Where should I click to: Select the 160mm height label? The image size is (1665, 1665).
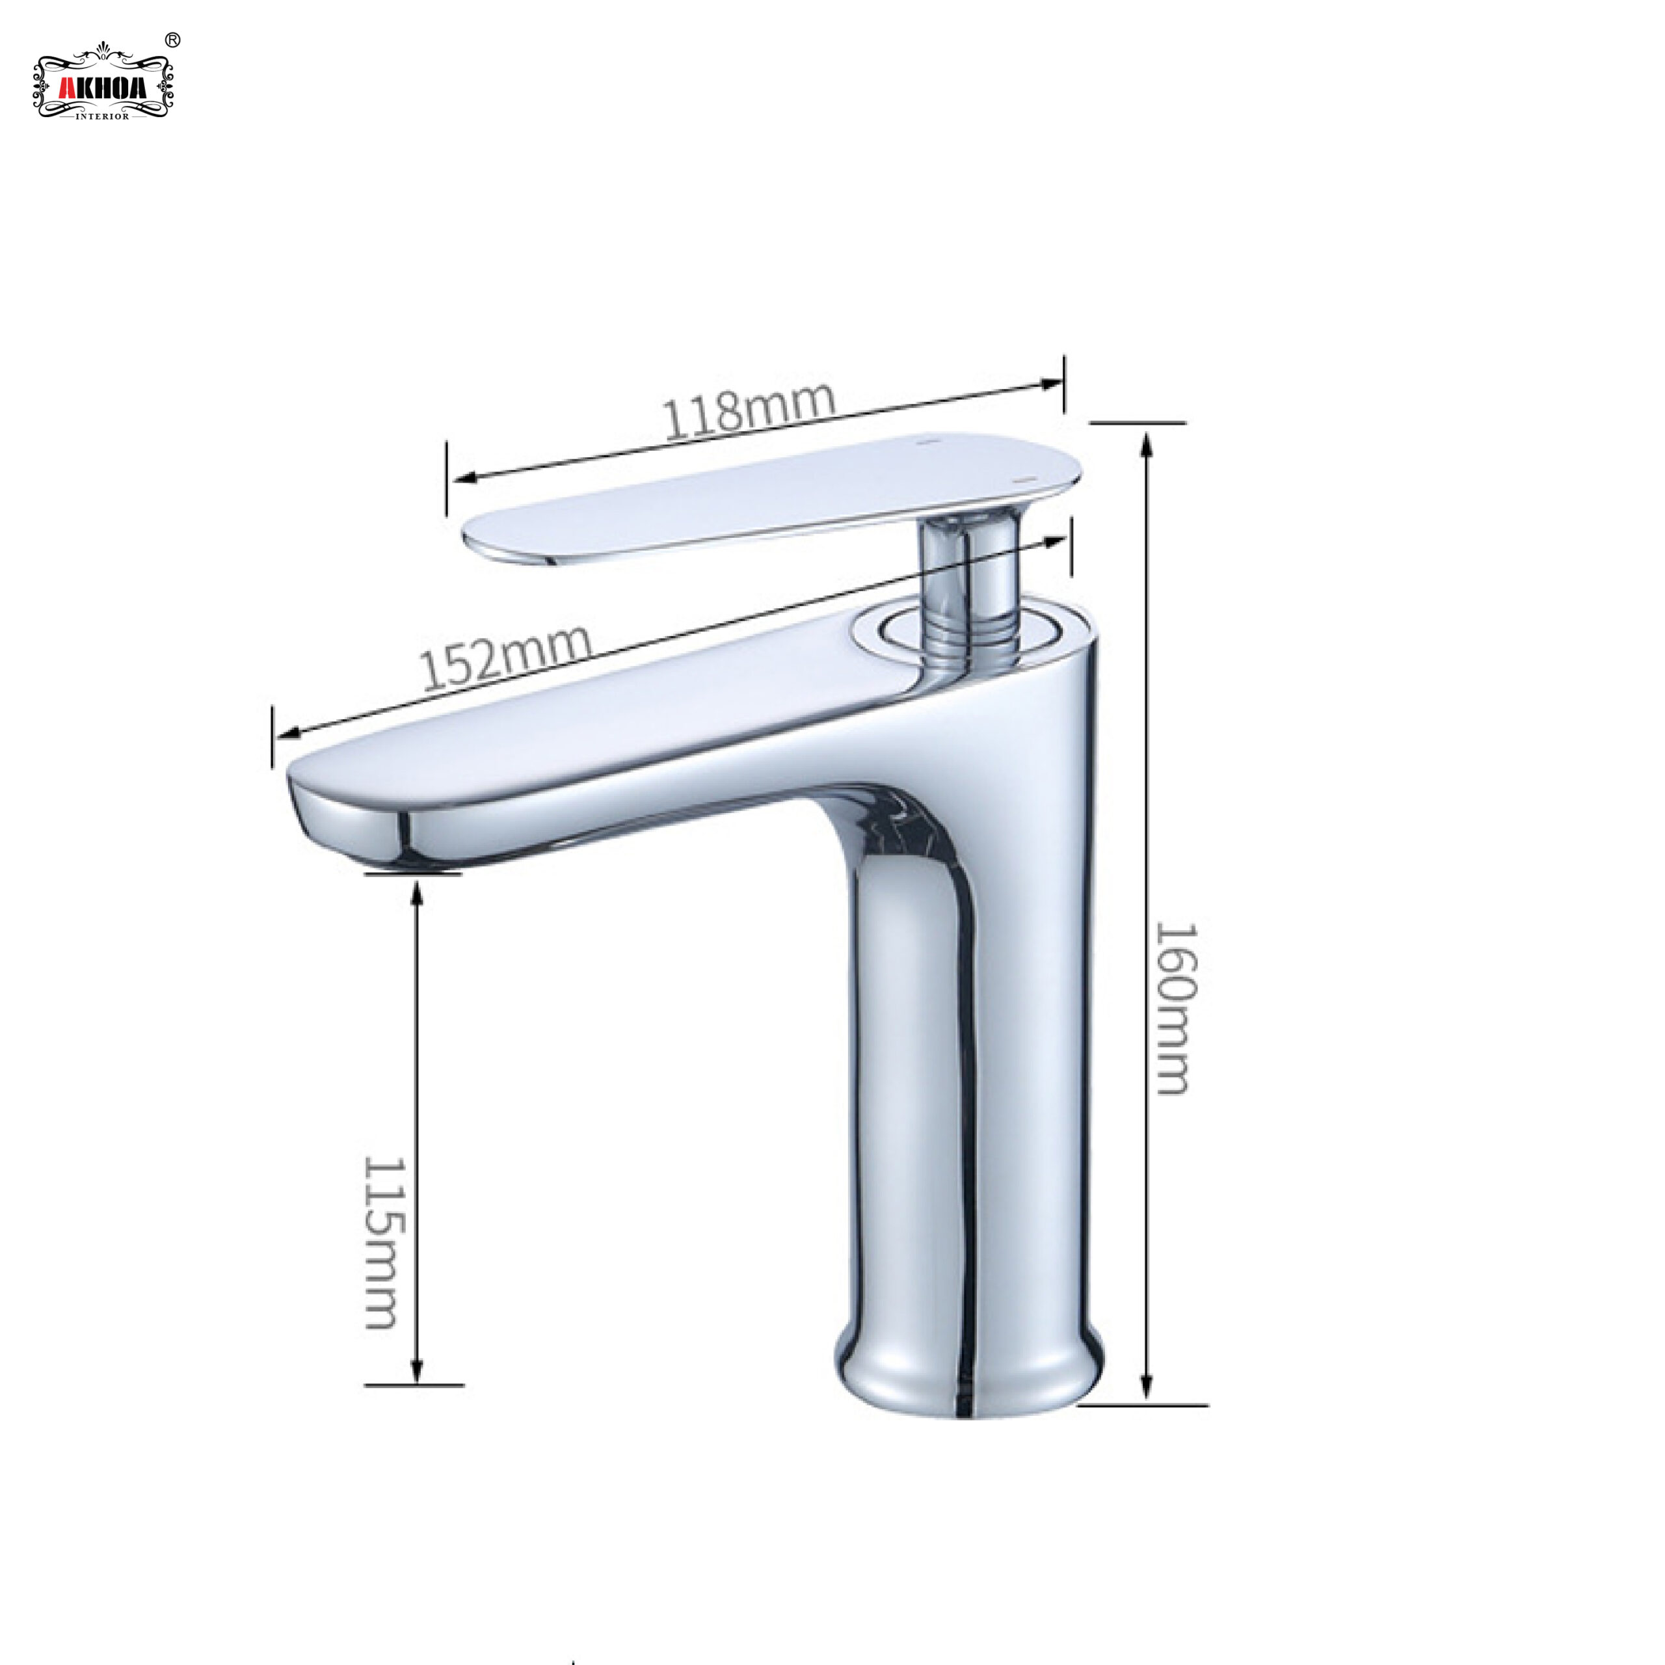click(x=1175, y=1008)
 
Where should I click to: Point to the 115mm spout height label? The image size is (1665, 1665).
click(x=382, y=1243)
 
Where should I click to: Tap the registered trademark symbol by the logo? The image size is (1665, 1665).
click(x=172, y=40)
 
